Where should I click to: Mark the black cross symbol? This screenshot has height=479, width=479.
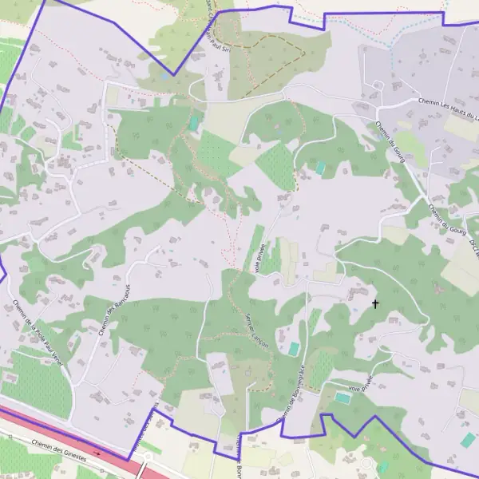click(375, 303)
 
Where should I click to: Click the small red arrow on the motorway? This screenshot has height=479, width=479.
click(97, 452)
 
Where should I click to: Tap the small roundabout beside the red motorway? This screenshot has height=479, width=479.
click(147, 455)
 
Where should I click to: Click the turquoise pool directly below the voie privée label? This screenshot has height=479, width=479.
click(342, 397)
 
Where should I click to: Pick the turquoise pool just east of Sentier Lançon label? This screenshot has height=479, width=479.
click(294, 349)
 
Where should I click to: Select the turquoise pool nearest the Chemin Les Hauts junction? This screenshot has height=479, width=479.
click(321, 168)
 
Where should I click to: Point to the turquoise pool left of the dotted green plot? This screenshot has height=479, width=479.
click(194, 123)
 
